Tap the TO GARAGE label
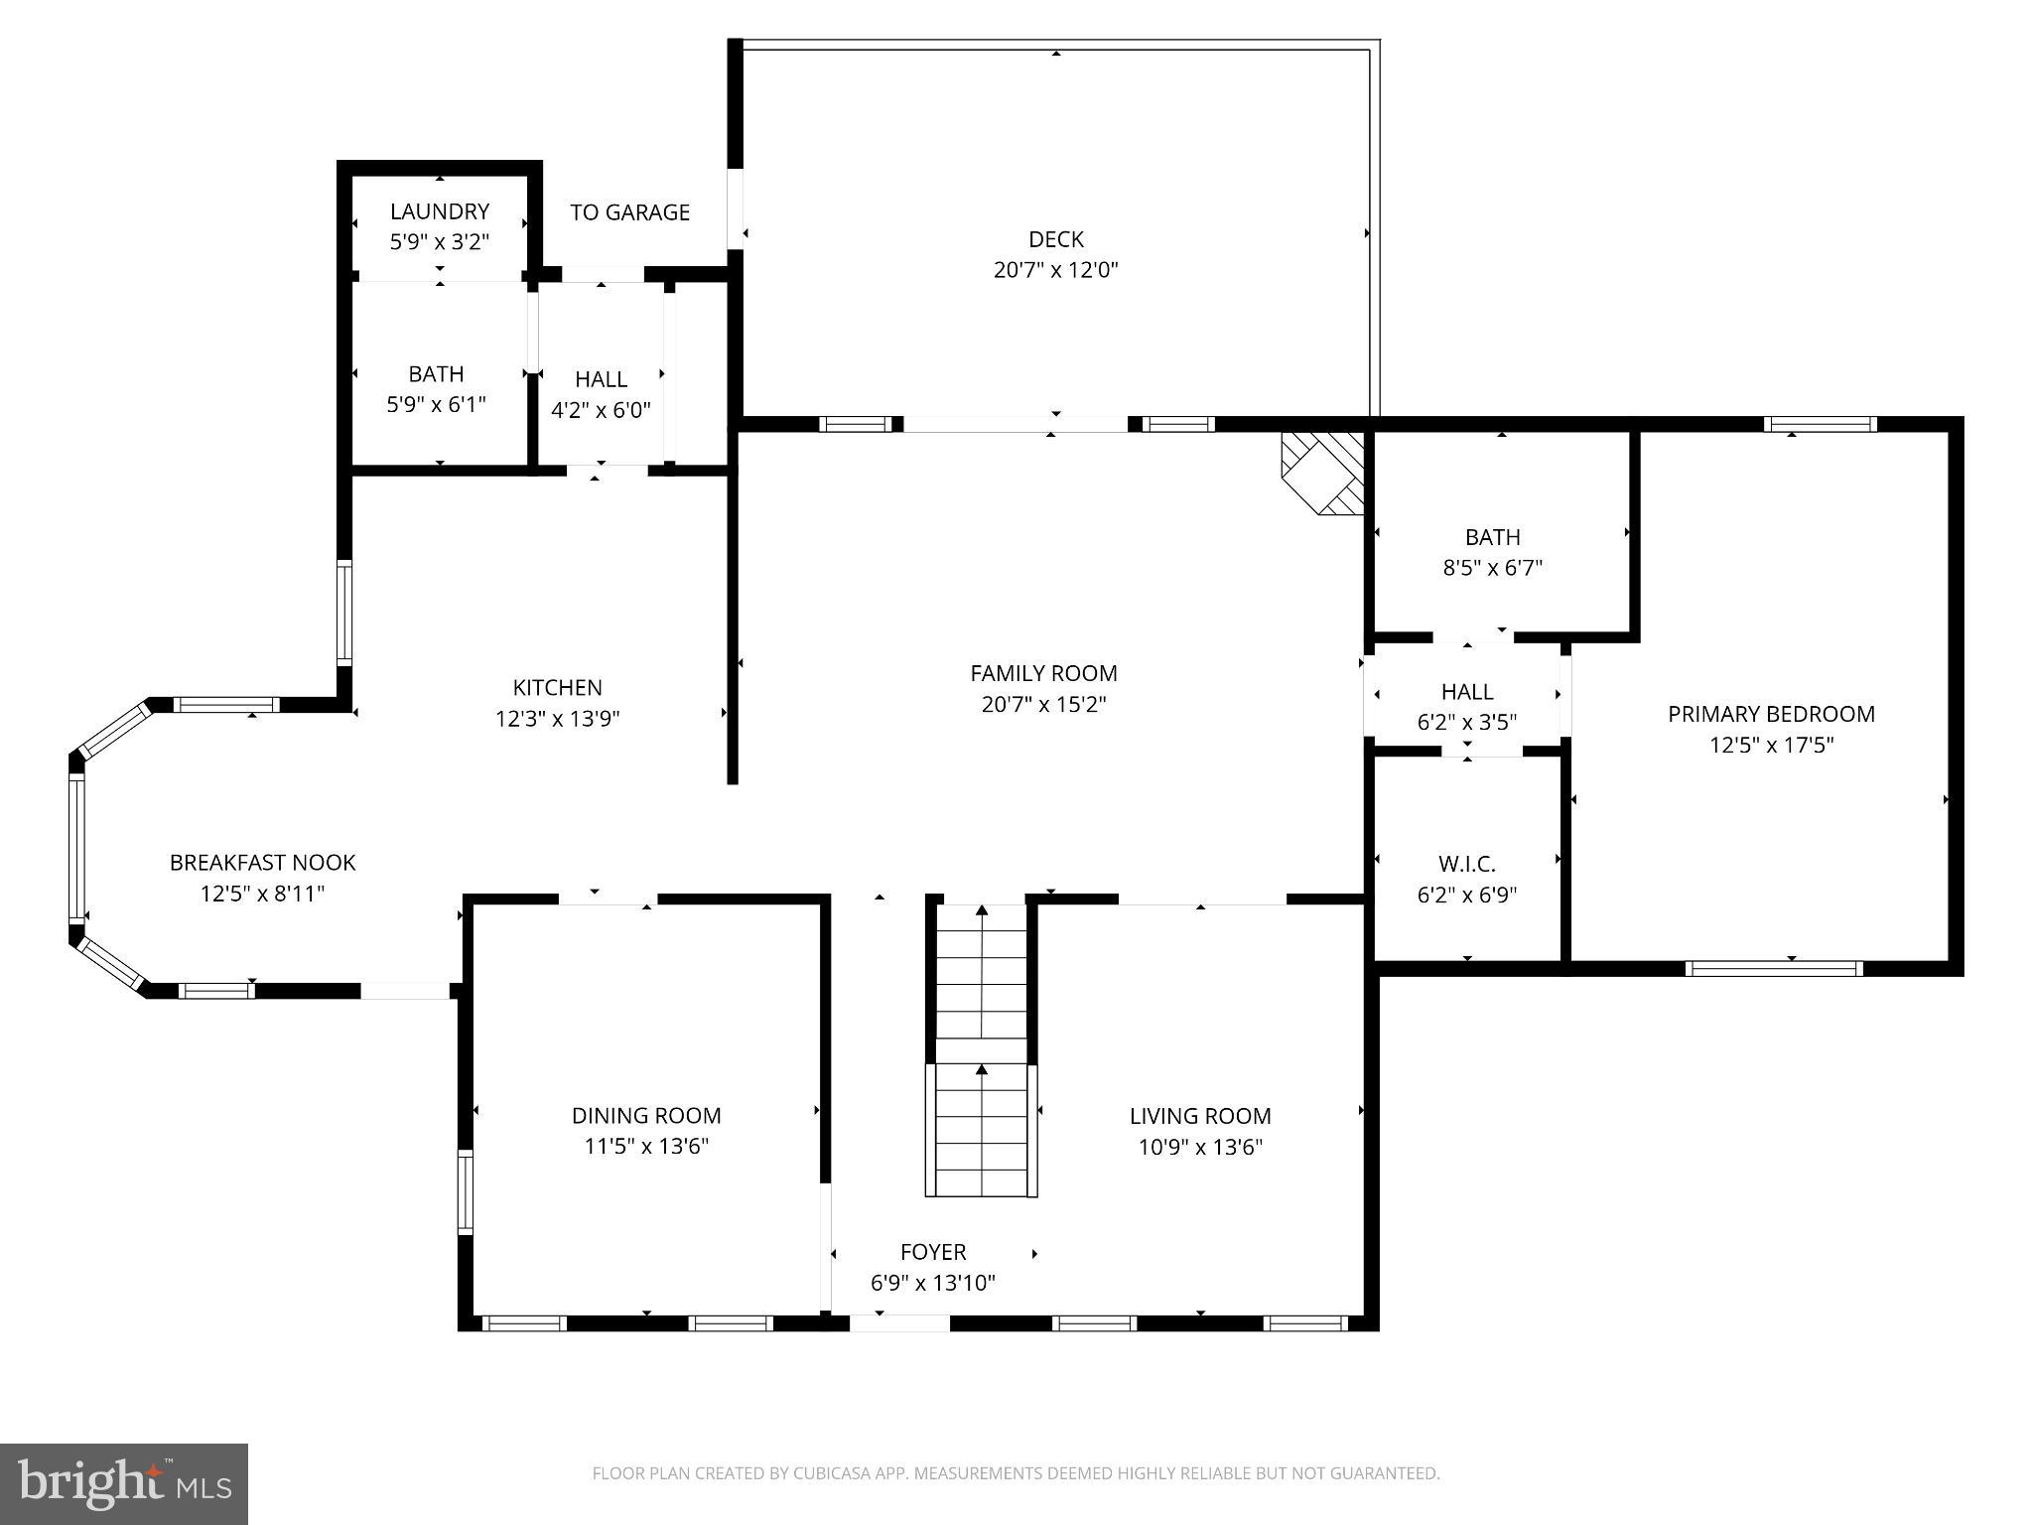pos(629,212)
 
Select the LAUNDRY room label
pos(439,211)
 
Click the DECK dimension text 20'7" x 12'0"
pos(1055,270)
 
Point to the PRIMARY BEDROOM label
pos(1770,714)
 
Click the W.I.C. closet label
pos(1466,864)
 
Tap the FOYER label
pos(932,1252)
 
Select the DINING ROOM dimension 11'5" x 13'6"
pos(646,1147)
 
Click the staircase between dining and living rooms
pos(982,1052)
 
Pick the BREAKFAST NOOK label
pos(262,863)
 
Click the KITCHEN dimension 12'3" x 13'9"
pos(557,719)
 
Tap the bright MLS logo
pos(124,1483)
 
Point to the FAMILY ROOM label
pos(1043,673)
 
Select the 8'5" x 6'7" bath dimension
pos(1492,568)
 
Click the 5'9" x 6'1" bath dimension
pos(436,405)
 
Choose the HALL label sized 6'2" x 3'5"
pos(1466,691)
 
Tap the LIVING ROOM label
pos(1199,1116)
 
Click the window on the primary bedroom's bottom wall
pos(1773,968)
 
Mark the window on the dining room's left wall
pos(465,1191)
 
